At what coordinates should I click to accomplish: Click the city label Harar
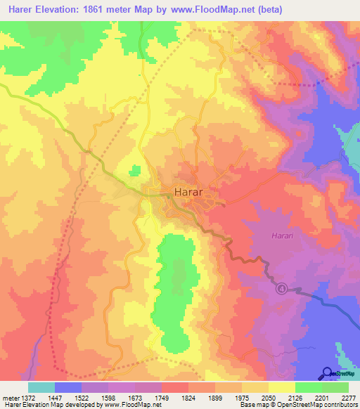188,192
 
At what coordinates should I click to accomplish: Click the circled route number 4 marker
281,289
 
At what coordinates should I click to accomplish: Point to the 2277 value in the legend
348,396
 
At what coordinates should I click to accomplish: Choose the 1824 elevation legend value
188,396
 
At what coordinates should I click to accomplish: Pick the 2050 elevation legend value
269,396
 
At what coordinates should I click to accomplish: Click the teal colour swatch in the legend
41,387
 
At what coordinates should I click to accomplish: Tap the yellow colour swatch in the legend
281,387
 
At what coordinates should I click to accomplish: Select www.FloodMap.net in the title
214,10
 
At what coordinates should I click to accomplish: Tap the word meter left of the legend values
10,396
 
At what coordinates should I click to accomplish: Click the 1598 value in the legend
109,396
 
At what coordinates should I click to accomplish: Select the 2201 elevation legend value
321,396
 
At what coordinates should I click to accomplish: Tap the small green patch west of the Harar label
134,170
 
